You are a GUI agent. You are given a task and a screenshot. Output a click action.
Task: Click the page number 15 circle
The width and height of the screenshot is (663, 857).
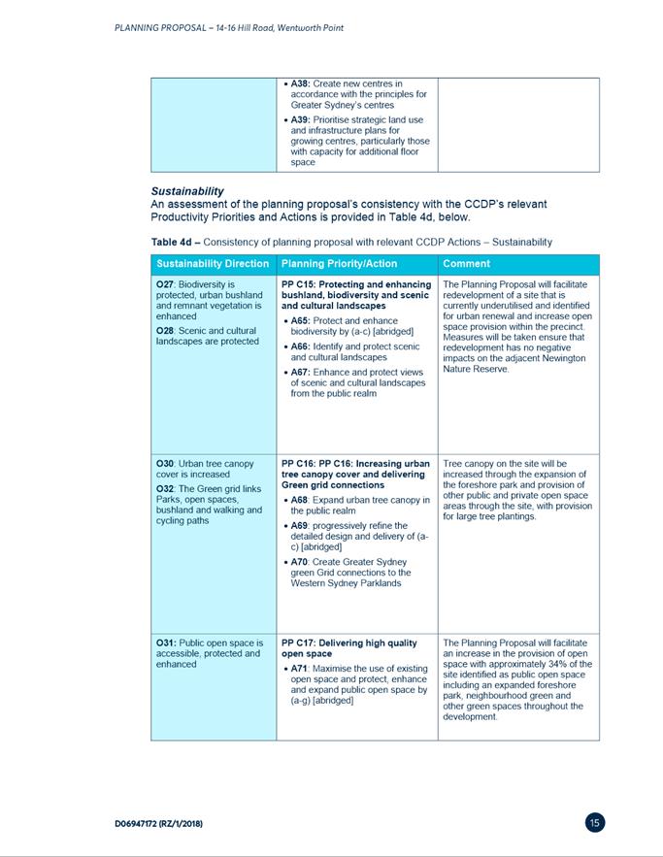[595, 823]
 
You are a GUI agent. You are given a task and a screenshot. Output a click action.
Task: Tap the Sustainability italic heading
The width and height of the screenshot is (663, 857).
[187, 191]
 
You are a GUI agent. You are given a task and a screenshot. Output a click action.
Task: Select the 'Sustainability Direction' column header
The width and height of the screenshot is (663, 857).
[213, 263]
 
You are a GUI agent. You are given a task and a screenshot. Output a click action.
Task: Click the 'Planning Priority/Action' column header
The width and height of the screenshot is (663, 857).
[339, 263]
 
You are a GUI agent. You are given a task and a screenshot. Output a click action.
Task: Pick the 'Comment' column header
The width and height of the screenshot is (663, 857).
[467, 263]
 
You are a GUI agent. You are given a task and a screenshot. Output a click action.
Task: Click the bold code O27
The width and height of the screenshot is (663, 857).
[166, 284]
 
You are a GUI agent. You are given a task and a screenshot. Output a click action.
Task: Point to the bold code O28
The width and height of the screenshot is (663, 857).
[166, 330]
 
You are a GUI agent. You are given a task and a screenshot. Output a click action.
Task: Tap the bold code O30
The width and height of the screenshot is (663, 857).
[166, 464]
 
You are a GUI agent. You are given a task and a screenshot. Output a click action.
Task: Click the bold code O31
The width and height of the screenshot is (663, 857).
[166, 643]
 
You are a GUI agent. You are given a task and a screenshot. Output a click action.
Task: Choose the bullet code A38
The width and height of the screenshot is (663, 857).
[300, 84]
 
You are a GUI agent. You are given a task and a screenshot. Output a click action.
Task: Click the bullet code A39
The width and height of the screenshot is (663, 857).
[300, 119]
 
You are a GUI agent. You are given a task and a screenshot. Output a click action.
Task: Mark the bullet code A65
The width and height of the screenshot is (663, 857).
[300, 320]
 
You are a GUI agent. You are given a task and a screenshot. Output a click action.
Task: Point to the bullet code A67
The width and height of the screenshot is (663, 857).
[300, 372]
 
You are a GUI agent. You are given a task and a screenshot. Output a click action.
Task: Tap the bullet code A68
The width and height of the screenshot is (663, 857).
[300, 500]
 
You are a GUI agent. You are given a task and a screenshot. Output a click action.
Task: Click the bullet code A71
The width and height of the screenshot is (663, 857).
[300, 668]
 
